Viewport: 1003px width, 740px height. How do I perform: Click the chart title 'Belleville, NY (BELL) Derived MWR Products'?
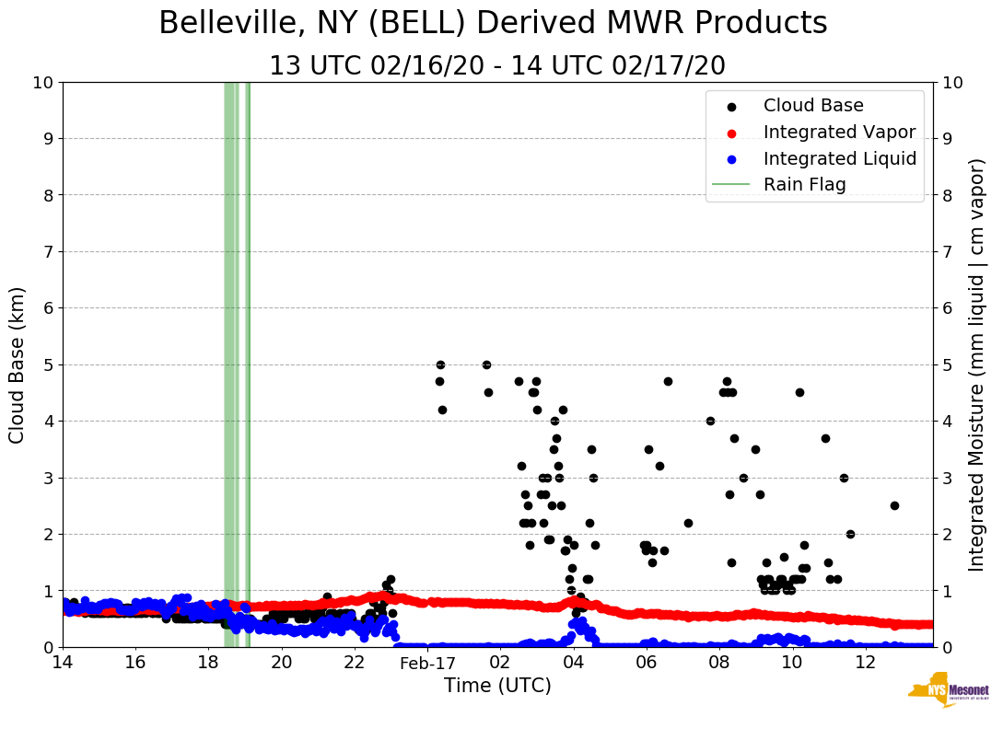(493, 24)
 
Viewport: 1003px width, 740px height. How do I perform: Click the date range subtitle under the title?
(496, 66)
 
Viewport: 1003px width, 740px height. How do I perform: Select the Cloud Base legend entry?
(813, 106)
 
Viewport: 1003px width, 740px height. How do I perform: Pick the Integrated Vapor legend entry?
(839, 132)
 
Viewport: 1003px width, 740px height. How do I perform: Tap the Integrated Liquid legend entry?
(840, 158)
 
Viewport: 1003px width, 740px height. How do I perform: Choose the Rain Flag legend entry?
(804, 184)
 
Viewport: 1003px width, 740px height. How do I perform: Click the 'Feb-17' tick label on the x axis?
(427, 663)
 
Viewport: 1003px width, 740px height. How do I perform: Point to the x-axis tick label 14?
(63, 663)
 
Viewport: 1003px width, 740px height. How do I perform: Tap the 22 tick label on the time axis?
(355, 663)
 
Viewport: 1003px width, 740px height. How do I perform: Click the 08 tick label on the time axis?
(719, 663)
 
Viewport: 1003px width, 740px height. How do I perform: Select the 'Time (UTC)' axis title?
(497, 686)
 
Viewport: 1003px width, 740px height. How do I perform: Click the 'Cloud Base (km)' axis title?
(17, 364)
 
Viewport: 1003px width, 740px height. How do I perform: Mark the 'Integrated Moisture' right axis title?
(978, 364)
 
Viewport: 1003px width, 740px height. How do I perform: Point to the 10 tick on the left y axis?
(42, 82)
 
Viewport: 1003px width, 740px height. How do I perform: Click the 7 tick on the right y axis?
(946, 251)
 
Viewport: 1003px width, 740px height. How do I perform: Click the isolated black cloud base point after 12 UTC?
(894, 505)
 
